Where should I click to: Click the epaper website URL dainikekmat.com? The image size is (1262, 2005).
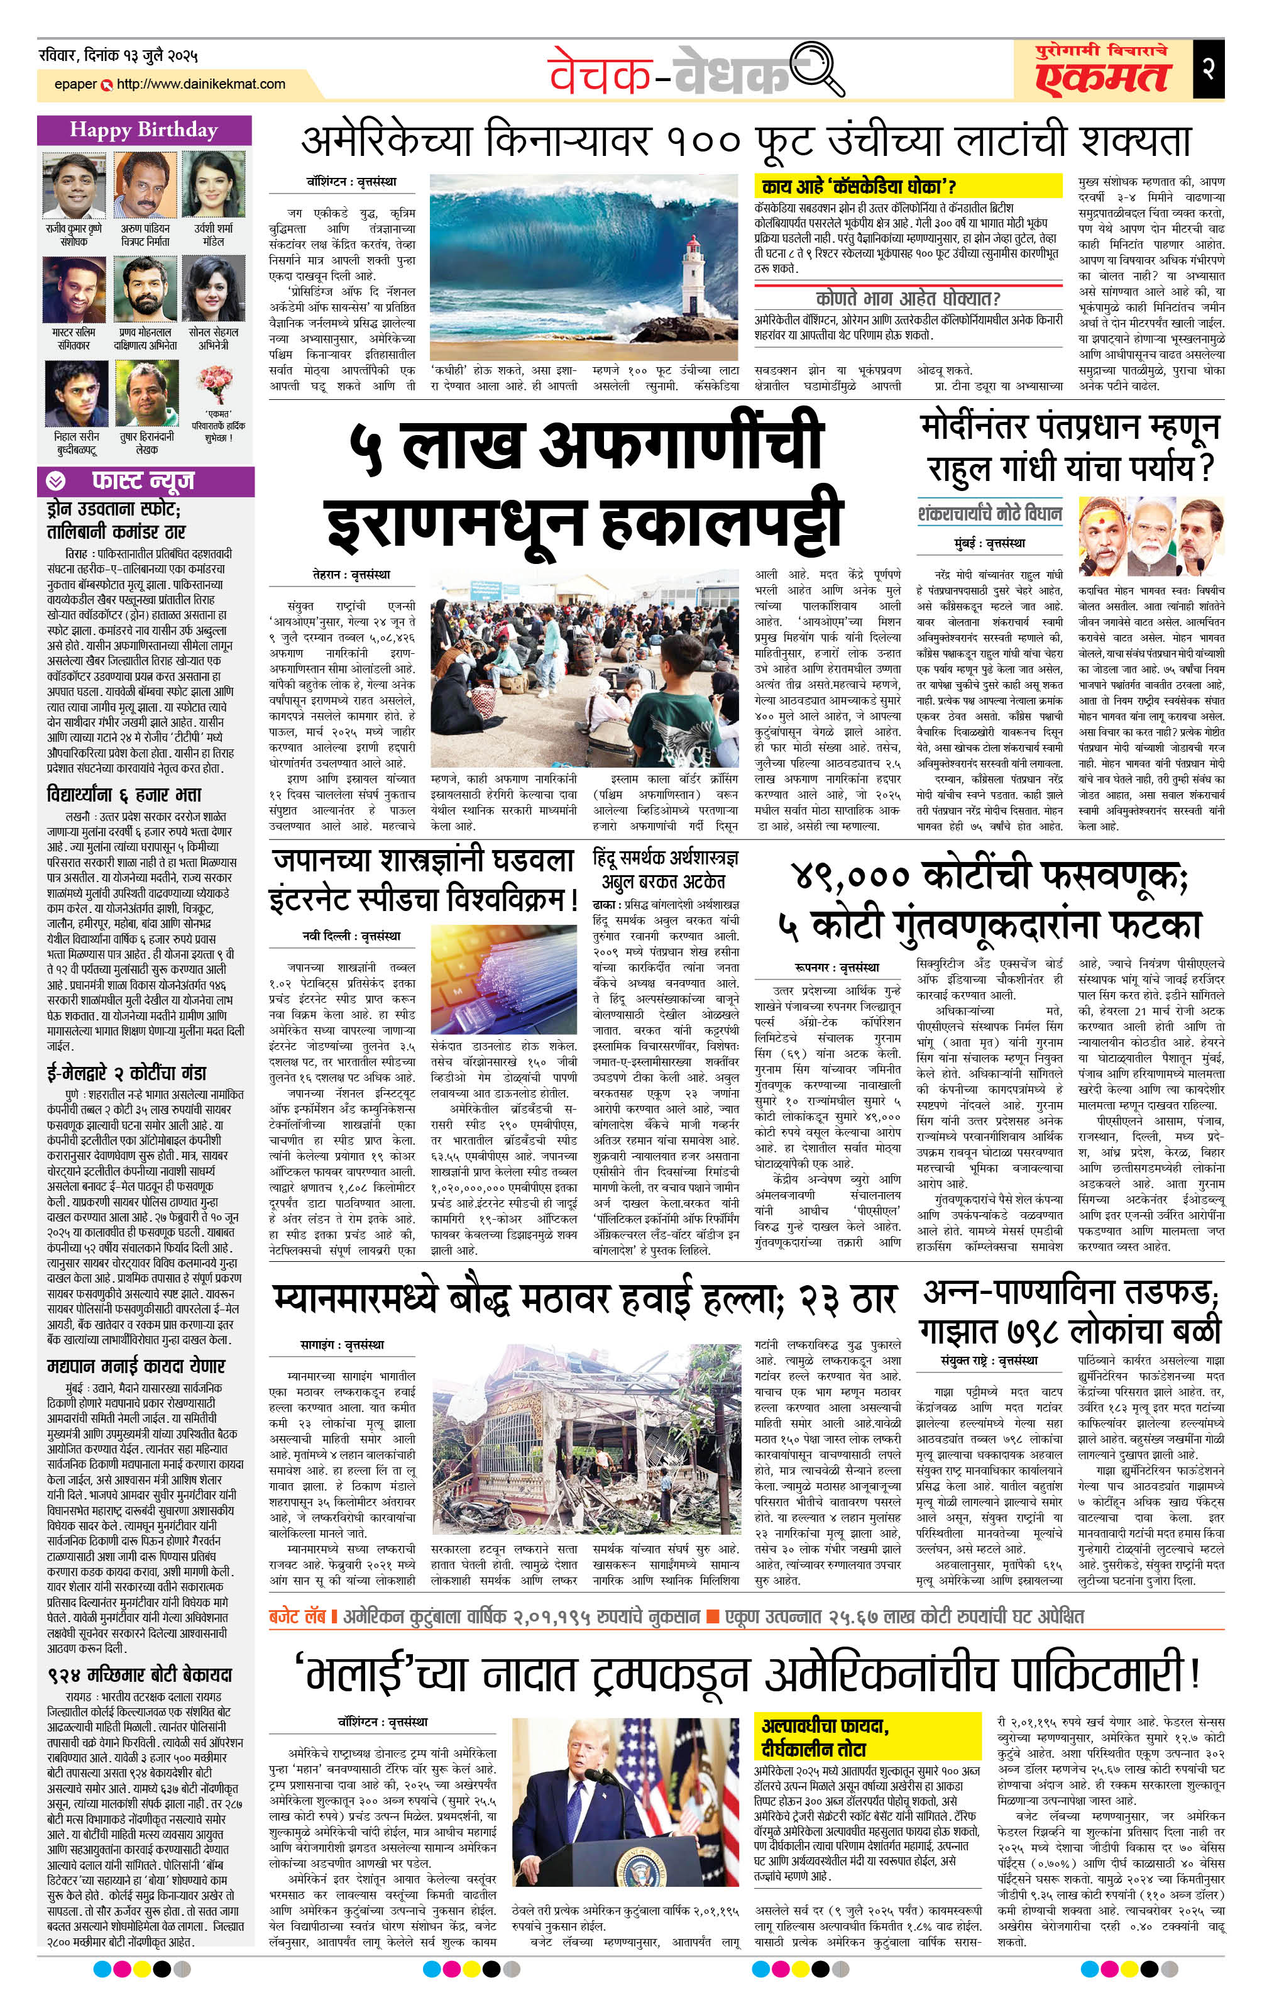point(200,84)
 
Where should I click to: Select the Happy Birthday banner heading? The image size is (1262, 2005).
point(144,130)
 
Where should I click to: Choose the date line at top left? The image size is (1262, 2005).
point(118,57)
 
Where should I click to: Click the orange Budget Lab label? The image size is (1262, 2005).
point(299,1616)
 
